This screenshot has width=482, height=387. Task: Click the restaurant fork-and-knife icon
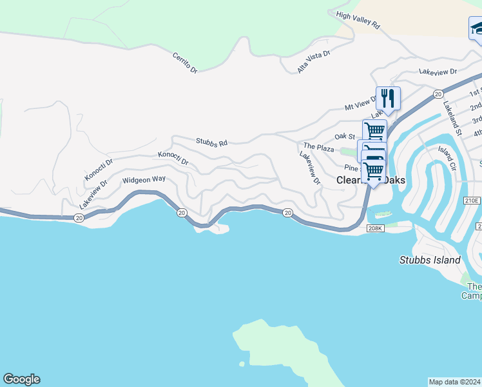[388, 99]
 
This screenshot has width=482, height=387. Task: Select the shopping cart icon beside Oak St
[374, 131]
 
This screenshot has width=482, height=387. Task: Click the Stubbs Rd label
[211, 142]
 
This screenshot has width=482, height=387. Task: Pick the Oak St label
[345, 136]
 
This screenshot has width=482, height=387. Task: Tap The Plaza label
[319, 148]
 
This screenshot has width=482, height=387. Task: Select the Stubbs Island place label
[430, 260]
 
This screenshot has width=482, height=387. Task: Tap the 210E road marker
[472, 201]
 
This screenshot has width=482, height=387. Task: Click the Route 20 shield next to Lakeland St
[438, 94]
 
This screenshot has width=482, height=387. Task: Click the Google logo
[21, 379]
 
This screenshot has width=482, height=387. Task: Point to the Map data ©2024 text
[455, 381]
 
